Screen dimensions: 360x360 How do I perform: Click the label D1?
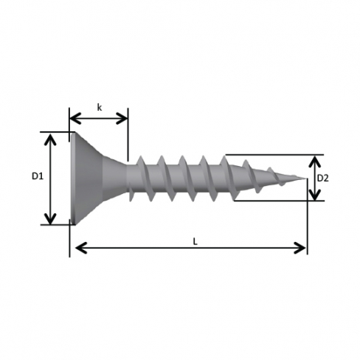[x=38, y=176]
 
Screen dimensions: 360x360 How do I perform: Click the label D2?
[x=322, y=178]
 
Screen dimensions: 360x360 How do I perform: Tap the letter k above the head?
[x=99, y=107]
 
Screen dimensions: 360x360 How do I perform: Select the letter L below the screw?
[x=195, y=241]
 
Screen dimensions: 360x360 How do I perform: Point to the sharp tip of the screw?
[x=307, y=179]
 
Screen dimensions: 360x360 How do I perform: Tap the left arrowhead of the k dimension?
[x=75, y=118]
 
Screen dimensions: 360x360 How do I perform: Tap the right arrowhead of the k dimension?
[x=122, y=118]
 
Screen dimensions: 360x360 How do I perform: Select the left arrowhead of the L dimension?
[x=81, y=248]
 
